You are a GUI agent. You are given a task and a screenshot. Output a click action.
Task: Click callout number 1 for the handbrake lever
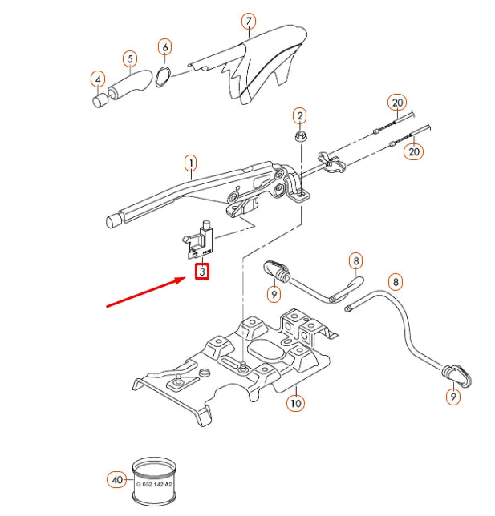(x=191, y=165)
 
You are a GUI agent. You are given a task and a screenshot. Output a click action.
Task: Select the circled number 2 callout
(x=299, y=115)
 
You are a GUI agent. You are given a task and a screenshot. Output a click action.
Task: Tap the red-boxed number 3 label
(x=203, y=272)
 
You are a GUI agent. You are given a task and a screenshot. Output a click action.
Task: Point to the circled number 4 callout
(x=98, y=79)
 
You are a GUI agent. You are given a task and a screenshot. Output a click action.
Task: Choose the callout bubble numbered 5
(x=129, y=58)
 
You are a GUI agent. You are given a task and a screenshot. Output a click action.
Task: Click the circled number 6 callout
(x=164, y=47)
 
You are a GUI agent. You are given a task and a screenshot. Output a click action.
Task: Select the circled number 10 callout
(x=295, y=403)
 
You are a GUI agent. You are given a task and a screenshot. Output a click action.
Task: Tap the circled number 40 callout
(x=117, y=481)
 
